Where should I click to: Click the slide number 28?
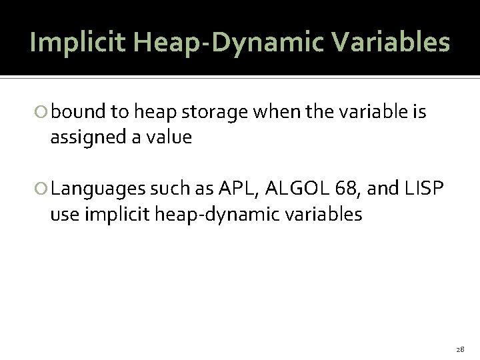click(x=461, y=349)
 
